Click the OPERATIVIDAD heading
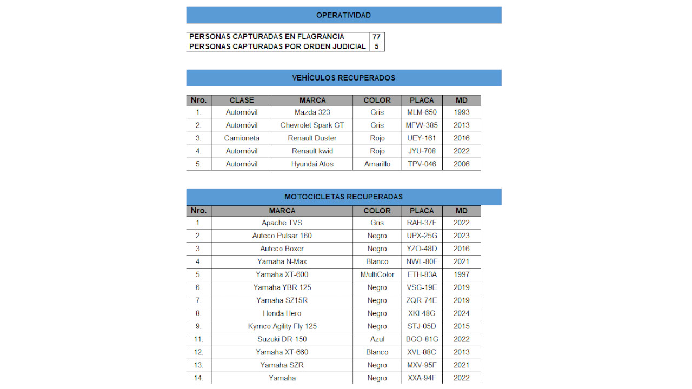(344, 15)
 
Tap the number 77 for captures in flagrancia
(376, 37)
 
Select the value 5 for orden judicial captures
(376, 46)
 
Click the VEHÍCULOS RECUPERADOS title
(344, 78)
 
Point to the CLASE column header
(242, 100)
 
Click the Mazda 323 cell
(312, 112)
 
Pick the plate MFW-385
(422, 125)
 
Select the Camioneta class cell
(242, 138)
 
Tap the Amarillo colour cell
(377, 164)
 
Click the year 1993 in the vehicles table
(462, 112)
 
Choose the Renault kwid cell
(312, 151)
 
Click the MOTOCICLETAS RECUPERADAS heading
(344, 197)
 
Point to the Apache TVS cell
(282, 223)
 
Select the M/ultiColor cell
(377, 274)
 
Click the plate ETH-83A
(422, 274)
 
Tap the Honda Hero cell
(282, 313)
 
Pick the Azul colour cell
(377, 339)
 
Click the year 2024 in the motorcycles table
(462, 313)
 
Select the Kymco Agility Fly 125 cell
(282, 326)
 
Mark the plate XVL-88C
(422, 352)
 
